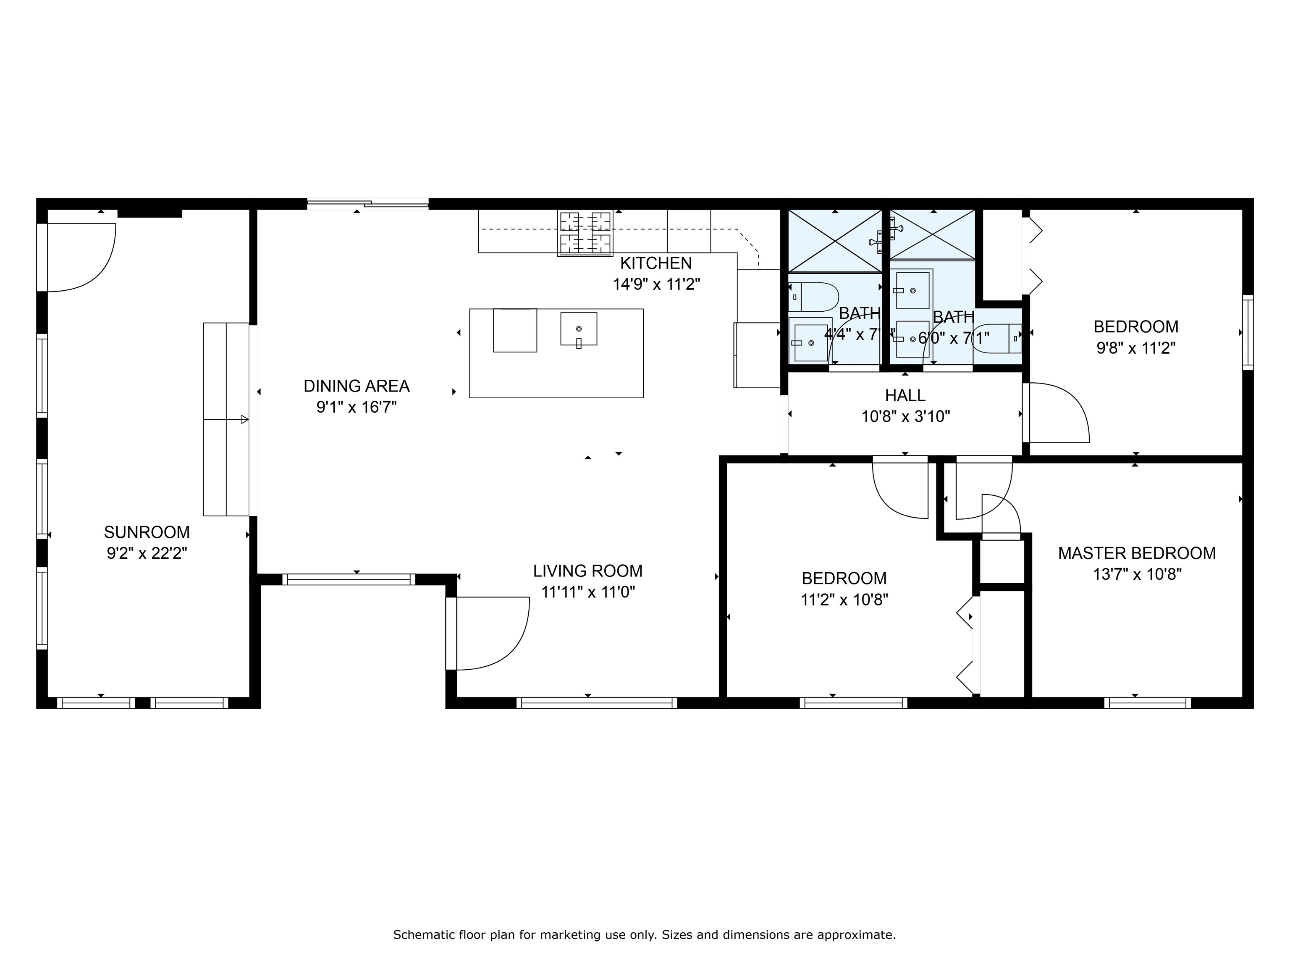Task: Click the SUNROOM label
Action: click(147, 532)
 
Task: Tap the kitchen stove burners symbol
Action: click(585, 233)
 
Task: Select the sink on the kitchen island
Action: click(579, 329)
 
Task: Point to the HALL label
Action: click(905, 396)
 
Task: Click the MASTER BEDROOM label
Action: click(1137, 553)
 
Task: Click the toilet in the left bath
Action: click(813, 297)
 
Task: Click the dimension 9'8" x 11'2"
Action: click(1135, 348)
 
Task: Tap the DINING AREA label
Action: click(357, 386)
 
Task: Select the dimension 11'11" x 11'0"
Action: click(588, 593)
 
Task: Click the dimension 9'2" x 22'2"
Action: click(147, 554)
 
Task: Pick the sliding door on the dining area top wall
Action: click(367, 204)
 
